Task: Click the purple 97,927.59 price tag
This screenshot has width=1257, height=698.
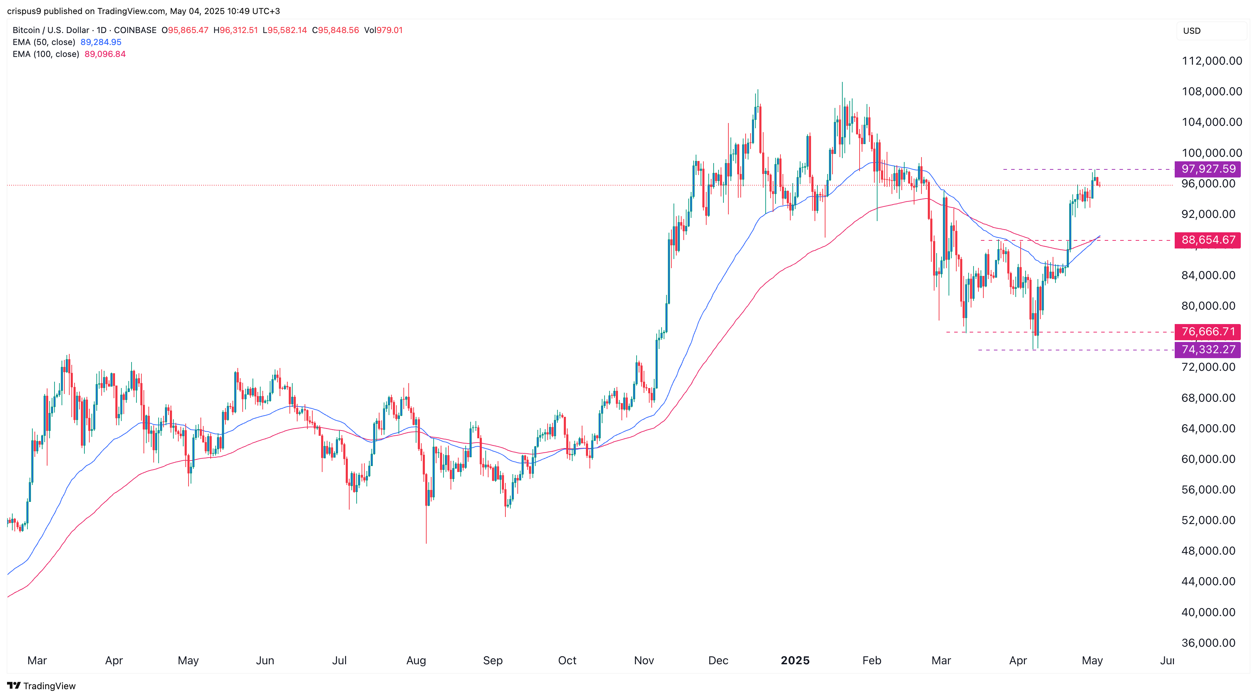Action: coord(1208,169)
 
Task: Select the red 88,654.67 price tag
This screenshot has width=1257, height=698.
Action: coord(1208,240)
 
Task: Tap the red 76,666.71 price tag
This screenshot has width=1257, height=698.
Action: coord(1208,332)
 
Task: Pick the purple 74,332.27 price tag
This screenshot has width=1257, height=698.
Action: coord(1208,350)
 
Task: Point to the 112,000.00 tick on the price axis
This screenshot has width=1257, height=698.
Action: coord(1212,61)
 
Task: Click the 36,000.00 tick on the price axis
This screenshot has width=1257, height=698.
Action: coord(1208,643)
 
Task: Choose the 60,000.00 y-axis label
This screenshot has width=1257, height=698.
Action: coord(1208,459)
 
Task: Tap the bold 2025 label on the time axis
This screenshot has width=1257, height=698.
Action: coord(795,660)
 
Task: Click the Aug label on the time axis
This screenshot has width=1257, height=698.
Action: coord(416,660)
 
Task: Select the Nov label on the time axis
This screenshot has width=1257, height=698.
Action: coord(644,660)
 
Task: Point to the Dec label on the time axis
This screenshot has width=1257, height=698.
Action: coord(718,660)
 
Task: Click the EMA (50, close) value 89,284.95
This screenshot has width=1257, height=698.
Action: coord(101,42)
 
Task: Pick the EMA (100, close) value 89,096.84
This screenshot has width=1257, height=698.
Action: coord(105,54)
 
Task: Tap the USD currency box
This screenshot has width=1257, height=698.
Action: coord(1191,31)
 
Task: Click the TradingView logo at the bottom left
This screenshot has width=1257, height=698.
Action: coord(42,686)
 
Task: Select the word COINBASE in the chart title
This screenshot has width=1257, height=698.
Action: coord(135,30)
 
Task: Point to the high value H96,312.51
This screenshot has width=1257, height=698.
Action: coord(236,30)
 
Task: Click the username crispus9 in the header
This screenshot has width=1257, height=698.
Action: coord(24,11)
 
